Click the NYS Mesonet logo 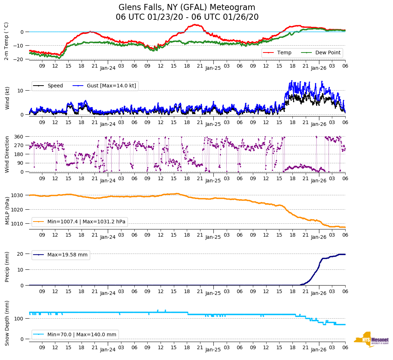[371, 339]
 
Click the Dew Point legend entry [328, 53]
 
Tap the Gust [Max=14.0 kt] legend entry [111, 86]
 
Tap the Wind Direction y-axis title [7, 154]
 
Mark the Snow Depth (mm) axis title [7, 323]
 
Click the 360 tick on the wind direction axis [19, 137]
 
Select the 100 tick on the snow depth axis [19, 319]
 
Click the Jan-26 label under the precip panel [318, 293]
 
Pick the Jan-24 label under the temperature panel [108, 68]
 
